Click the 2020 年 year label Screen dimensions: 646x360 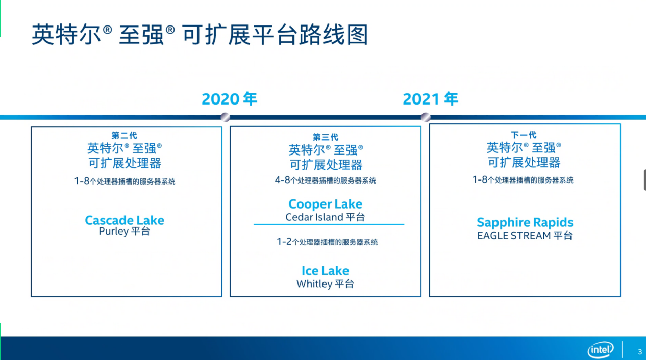[x=229, y=99]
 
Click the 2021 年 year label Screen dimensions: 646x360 [x=430, y=99]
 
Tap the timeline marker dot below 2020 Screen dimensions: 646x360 [x=225, y=117]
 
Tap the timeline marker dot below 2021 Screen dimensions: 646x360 [x=426, y=117]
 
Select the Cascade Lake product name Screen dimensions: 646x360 [x=125, y=220]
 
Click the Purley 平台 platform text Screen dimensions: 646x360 [x=125, y=231]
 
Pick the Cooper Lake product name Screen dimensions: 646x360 [x=326, y=204]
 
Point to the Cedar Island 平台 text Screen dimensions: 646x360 [x=326, y=217]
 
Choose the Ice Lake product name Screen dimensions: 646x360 [x=326, y=271]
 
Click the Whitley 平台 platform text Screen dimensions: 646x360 [x=326, y=284]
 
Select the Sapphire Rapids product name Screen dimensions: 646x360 [x=525, y=222]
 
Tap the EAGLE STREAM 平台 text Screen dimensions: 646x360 [x=525, y=236]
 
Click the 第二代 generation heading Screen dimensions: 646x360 [x=125, y=135]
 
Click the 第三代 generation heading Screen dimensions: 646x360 [x=326, y=137]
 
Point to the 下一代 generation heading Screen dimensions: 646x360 [x=524, y=135]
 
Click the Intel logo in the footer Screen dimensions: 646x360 [x=601, y=350]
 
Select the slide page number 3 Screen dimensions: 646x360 [x=640, y=352]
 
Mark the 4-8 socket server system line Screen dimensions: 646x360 [x=326, y=181]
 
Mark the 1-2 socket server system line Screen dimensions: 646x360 [x=327, y=242]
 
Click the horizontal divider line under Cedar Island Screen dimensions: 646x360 [x=329, y=224]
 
